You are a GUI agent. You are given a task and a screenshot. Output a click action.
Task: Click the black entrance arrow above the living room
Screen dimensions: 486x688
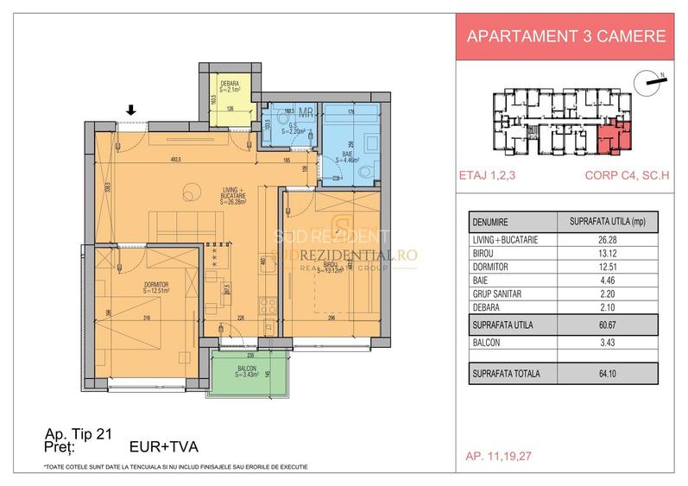[x=130, y=110]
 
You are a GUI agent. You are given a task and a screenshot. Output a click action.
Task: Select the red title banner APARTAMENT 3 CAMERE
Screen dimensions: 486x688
[x=565, y=36]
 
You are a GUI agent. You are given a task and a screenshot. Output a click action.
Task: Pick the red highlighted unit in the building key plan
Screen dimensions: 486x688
[x=615, y=135]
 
